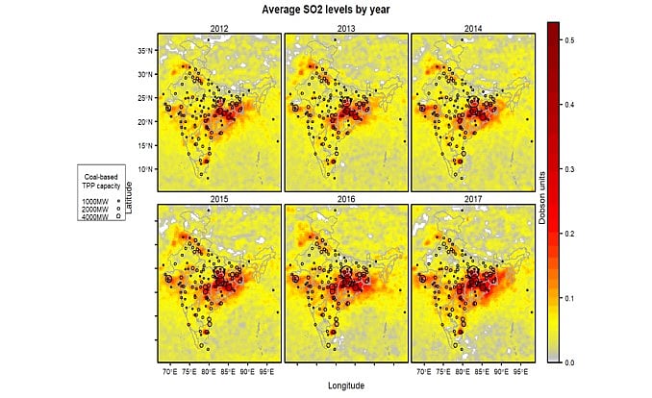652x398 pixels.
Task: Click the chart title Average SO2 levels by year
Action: pyautogui.click(x=325, y=9)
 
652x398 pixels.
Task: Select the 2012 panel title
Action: pyautogui.click(x=219, y=29)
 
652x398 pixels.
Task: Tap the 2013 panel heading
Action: pyautogui.click(x=346, y=29)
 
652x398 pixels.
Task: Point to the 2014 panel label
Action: pyautogui.click(x=473, y=29)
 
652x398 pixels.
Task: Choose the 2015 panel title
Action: pyautogui.click(x=219, y=198)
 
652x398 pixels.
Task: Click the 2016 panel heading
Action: pyautogui.click(x=346, y=198)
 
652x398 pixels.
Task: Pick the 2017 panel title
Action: pyautogui.click(x=473, y=198)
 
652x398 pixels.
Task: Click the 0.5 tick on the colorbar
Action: pyautogui.click(x=571, y=38)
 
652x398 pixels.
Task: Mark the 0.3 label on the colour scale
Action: pyautogui.click(x=571, y=168)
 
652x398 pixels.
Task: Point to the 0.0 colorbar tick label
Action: pyautogui.click(x=571, y=362)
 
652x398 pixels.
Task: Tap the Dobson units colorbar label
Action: pyautogui.click(x=541, y=197)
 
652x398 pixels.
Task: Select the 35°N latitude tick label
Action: pyautogui.click(x=144, y=50)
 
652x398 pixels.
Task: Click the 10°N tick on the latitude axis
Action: pyautogui.click(x=144, y=169)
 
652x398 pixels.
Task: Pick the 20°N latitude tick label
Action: pyautogui.click(x=144, y=122)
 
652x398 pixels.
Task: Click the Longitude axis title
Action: pyautogui.click(x=346, y=386)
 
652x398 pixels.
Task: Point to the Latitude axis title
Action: pyautogui.click(x=129, y=197)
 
